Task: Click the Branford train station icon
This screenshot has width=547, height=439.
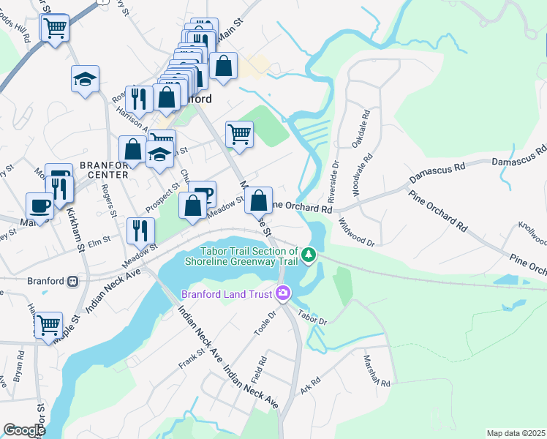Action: tap(72, 280)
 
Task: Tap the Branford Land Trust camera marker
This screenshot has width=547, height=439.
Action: tap(282, 294)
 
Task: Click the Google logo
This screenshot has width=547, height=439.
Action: tap(24, 430)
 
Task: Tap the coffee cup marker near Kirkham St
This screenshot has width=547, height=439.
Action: tap(39, 205)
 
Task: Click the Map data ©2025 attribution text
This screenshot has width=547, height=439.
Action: tap(516, 433)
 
